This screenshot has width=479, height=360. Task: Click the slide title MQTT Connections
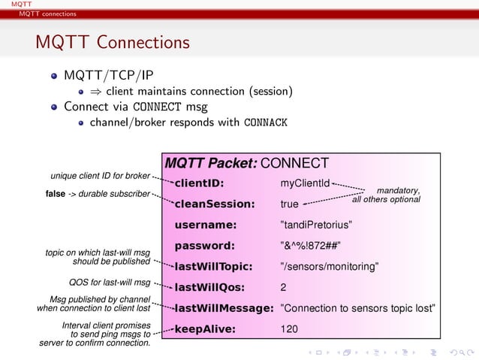click(x=112, y=43)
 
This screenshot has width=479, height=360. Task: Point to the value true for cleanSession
click(x=289, y=204)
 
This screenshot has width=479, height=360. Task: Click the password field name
click(x=204, y=245)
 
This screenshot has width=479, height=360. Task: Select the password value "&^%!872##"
click(x=310, y=245)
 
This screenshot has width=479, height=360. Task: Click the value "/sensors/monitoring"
click(x=328, y=266)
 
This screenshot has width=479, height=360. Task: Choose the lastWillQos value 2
click(x=283, y=287)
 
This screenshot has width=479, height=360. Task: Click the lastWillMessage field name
click(x=223, y=308)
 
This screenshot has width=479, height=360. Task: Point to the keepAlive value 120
click(x=288, y=329)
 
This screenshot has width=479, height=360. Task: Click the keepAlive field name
click(x=205, y=329)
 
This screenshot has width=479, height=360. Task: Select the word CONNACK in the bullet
click(x=266, y=123)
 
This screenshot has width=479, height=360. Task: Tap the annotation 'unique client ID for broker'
click(x=100, y=176)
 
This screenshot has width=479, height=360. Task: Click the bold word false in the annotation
click(x=56, y=195)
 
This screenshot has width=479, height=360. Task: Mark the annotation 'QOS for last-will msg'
click(x=109, y=283)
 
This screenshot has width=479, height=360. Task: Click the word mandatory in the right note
click(x=397, y=190)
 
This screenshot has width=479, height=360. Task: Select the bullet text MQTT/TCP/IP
click(x=109, y=76)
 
